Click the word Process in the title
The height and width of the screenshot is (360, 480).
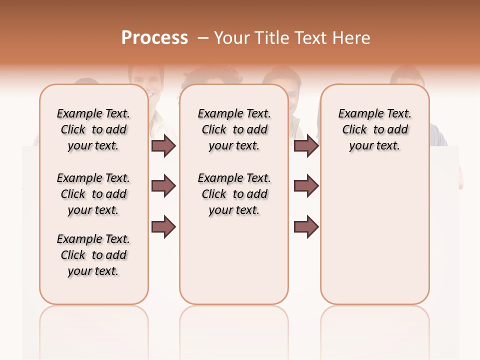154,37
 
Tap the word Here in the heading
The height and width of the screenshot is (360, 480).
352,38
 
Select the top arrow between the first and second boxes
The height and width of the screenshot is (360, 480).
163,145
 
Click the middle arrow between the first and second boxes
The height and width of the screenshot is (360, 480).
163,186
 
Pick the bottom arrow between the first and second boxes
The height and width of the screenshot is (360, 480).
163,226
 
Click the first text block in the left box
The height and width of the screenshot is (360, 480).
93,129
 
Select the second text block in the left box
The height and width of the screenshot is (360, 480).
93,194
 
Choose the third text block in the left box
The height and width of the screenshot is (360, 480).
93,255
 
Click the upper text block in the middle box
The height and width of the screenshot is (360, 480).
234,129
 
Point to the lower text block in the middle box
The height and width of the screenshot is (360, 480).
234,194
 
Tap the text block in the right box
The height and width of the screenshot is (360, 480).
374,129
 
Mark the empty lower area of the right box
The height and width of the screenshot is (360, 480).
374,235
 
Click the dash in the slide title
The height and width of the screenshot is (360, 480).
202,38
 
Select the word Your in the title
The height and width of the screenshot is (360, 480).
231,38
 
